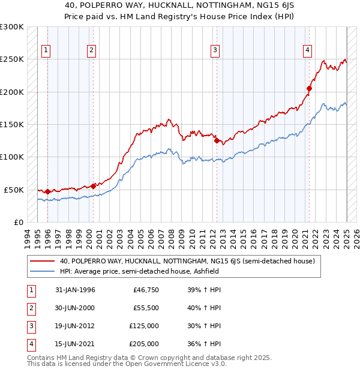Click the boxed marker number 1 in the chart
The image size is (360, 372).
click(x=46, y=50)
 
